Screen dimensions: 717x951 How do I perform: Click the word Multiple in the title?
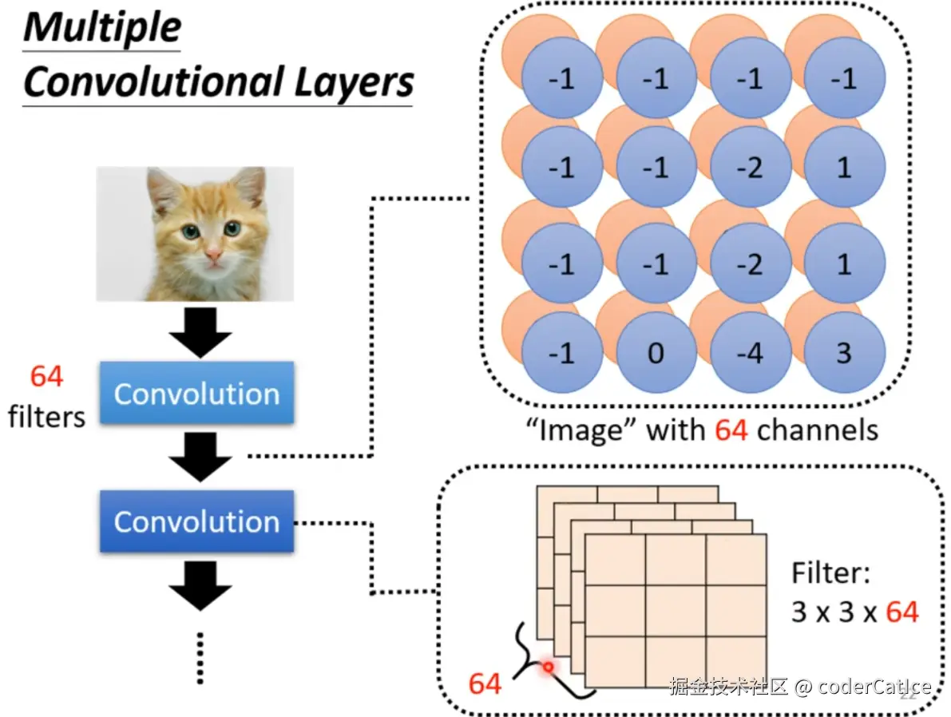102,29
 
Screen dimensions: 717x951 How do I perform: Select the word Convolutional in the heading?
153,81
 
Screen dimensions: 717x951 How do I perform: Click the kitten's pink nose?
214,255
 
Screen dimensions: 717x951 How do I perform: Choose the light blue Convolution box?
196,394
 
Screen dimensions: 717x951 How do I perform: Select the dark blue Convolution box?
196,521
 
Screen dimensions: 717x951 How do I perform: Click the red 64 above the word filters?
46,376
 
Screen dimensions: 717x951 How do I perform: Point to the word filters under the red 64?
46,416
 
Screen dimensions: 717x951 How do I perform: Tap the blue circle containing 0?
656,352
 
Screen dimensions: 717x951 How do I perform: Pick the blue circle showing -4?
751,352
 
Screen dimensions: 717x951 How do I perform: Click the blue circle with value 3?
845,352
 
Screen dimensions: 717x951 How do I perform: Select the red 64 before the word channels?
731,430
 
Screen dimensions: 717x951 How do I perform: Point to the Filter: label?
830,572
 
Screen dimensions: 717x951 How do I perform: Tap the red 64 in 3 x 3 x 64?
902,612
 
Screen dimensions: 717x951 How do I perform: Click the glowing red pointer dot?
548,665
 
